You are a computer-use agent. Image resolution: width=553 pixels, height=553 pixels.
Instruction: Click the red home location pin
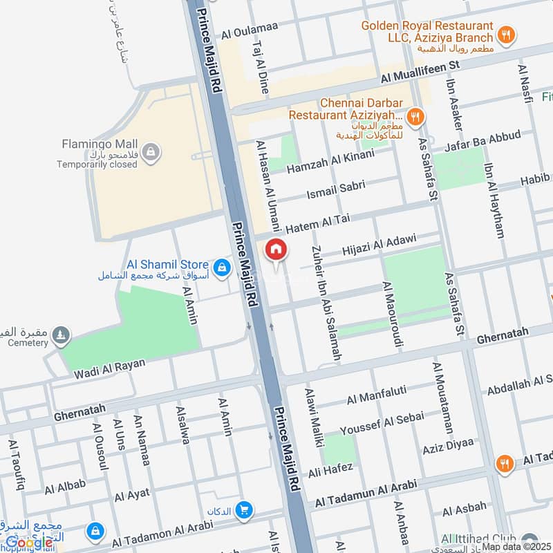pyautogui.click(x=275, y=250)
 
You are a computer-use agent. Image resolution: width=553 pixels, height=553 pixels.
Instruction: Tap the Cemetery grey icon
pyautogui.click(x=63, y=335)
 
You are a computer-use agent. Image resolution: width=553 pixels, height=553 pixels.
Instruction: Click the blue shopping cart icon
pyautogui.click(x=243, y=511)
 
